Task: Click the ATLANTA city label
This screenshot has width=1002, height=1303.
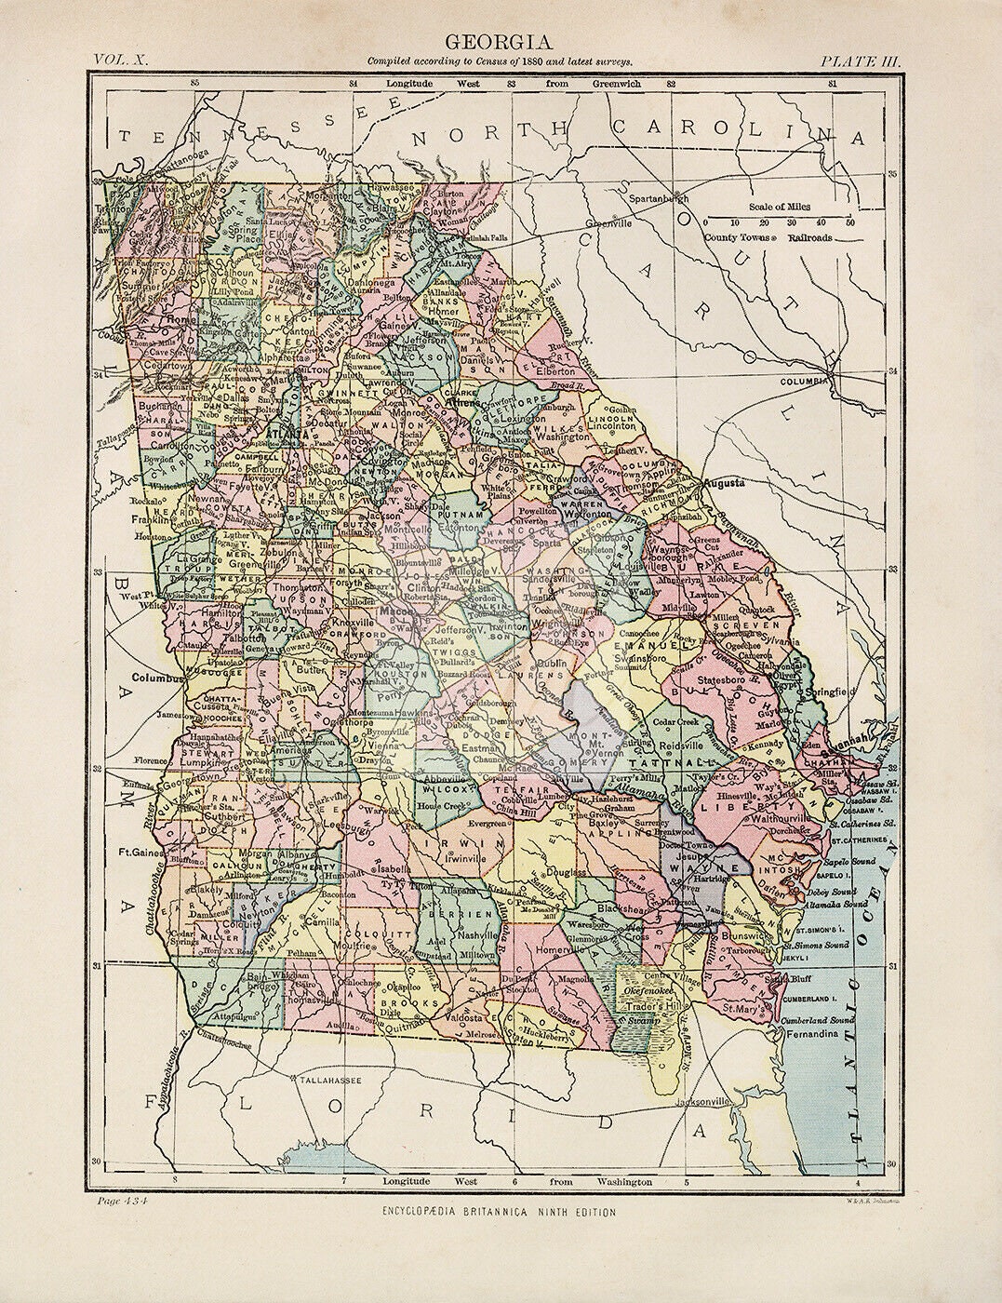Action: [287, 434]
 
